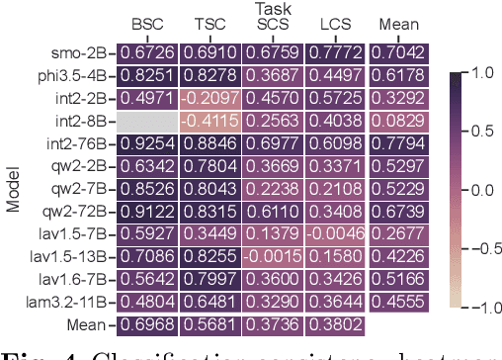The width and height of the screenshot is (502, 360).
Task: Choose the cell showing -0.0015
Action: (272, 256)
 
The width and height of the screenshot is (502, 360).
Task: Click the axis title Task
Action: (271, 7)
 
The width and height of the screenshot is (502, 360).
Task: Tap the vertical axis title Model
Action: (14, 188)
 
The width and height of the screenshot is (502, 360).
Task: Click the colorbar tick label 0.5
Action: (481, 131)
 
